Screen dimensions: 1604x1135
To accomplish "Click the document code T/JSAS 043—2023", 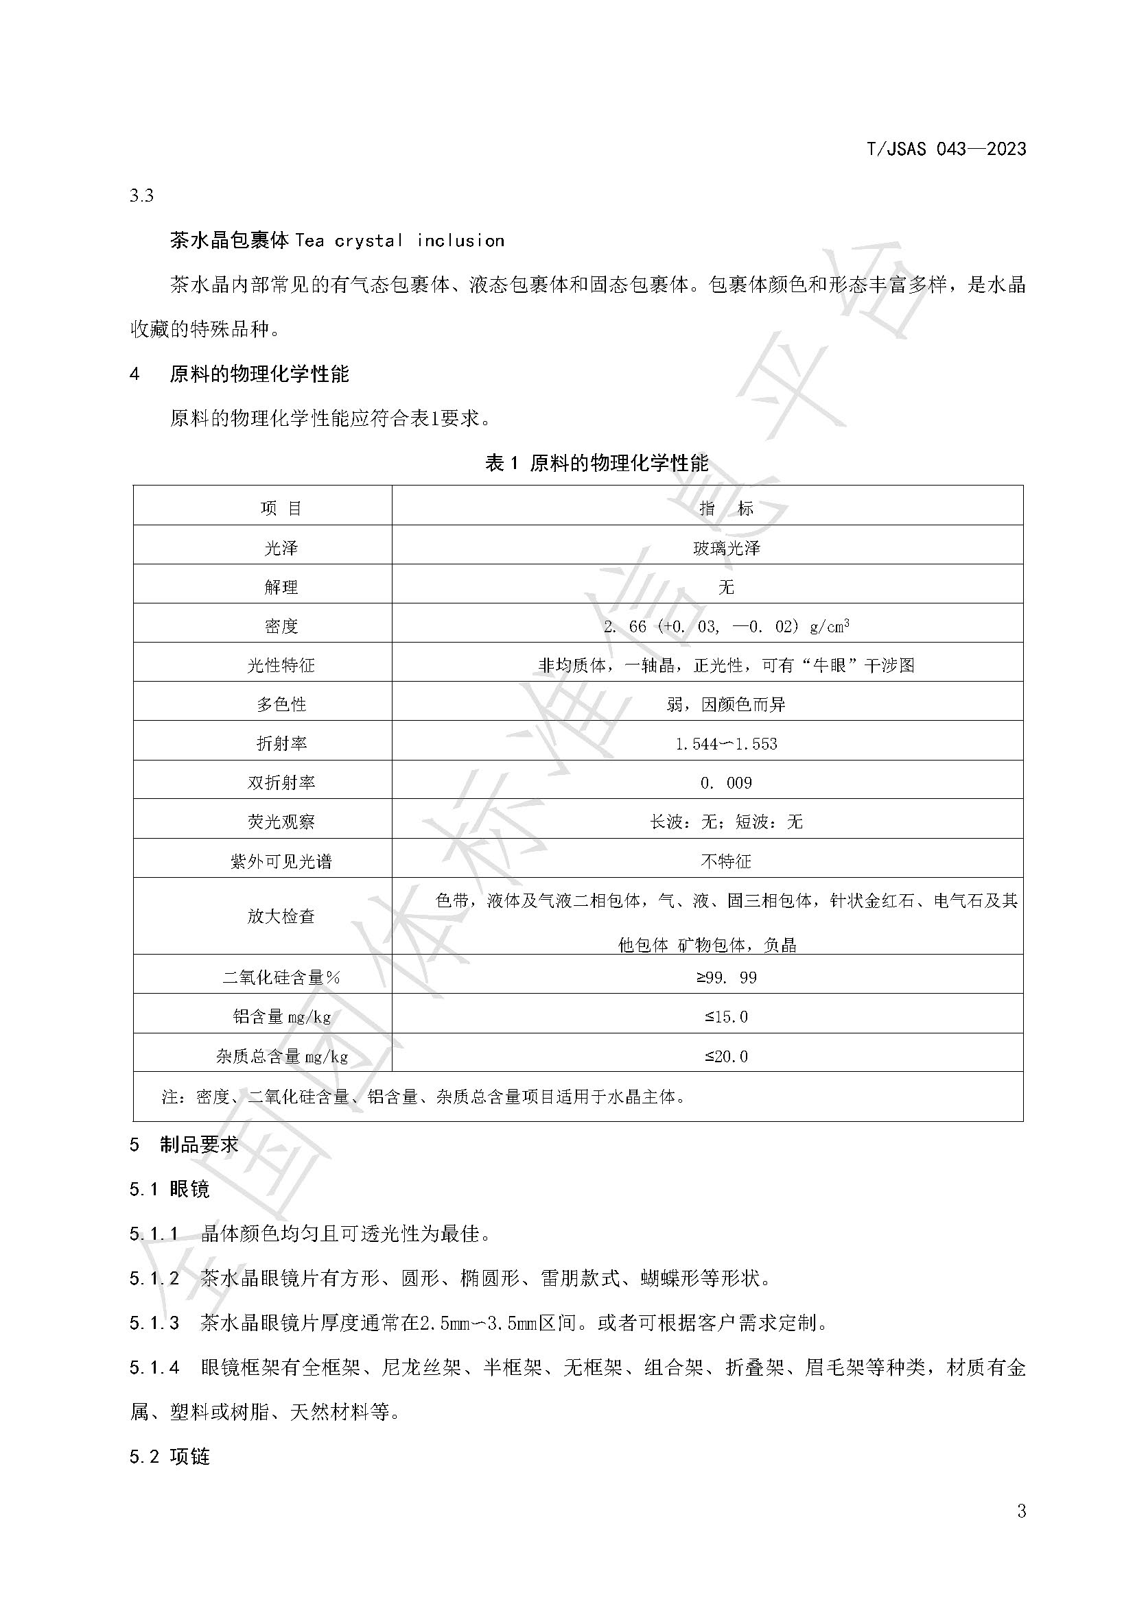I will pyautogui.click(x=946, y=149).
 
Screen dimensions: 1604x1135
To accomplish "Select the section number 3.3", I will pyautogui.click(x=141, y=195).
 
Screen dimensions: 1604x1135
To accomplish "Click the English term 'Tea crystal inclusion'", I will pyautogui.click(x=399, y=241).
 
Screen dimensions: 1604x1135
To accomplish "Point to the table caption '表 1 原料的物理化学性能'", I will pyautogui.click(x=596, y=462).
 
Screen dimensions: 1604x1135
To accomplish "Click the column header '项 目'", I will pyautogui.click(x=281, y=509).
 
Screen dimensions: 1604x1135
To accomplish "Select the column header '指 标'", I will pyautogui.click(x=726, y=509).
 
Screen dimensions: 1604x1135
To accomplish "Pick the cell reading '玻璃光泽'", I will pyautogui.click(x=726, y=549).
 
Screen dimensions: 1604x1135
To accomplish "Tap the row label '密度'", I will pyautogui.click(x=281, y=627).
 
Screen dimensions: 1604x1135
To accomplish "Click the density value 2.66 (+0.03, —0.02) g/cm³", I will pyautogui.click(x=726, y=626).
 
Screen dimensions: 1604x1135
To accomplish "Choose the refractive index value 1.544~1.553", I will pyautogui.click(x=726, y=744).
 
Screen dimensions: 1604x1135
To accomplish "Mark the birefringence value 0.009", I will pyautogui.click(x=726, y=783).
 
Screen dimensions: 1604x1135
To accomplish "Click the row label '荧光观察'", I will pyautogui.click(x=281, y=822).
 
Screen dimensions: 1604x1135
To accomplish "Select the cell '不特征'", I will pyautogui.click(x=726, y=861).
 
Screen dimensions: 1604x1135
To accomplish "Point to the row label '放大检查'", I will pyautogui.click(x=281, y=916).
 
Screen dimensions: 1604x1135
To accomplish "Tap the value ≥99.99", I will pyautogui.click(x=726, y=977).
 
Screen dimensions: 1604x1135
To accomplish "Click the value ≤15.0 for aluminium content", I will pyautogui.click(x=726, y=1016).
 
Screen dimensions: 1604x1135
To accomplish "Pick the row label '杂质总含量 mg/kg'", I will pyautogui.click(x=281, y=1056).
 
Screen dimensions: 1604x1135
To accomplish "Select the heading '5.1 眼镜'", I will pyautogui.click(x=169, y=1188).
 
